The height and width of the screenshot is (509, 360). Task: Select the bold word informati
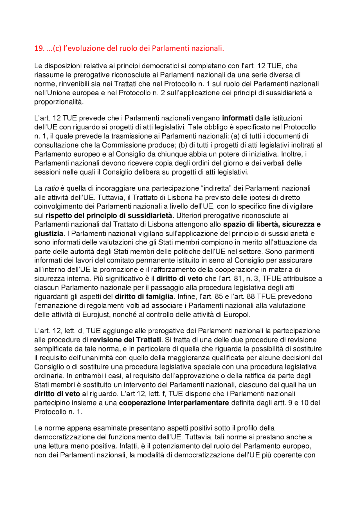[x=237, y=118]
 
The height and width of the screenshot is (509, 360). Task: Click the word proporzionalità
[x=59, y=102]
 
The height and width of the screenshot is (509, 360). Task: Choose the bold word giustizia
[x=49, y=234]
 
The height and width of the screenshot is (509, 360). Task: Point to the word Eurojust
[x=96, y=315]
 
